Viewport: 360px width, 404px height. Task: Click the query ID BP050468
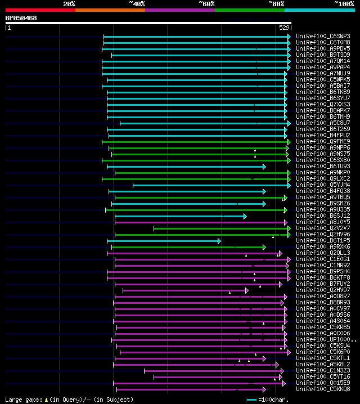point(21,18)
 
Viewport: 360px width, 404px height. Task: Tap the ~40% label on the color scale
point(137,3)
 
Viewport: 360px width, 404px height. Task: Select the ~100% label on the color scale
point(344,3)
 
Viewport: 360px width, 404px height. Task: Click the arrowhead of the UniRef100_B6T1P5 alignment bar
point(219,241)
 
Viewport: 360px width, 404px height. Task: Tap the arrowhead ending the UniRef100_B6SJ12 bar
point(245,216)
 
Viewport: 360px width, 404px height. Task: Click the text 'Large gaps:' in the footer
point(23,399)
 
